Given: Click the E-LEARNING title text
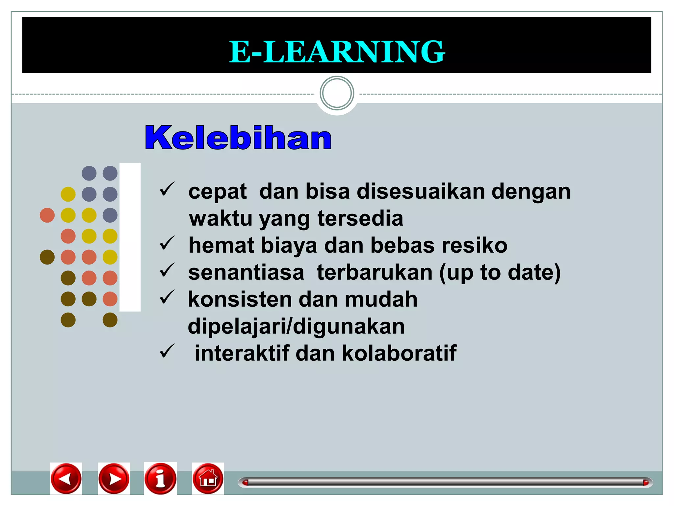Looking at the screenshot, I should [337, 52].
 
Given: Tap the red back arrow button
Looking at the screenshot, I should [66, 479].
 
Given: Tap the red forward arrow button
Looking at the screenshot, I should [114, 479].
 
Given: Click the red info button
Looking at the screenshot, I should [160, 479].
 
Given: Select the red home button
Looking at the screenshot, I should [208, 479].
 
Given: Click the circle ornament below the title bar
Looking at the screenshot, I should [337, 93].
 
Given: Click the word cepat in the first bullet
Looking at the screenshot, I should [217, 191].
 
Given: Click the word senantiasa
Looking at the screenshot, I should [246, 272].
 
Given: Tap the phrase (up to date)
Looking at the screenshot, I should [500, 273].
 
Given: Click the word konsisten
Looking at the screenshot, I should [239, 299].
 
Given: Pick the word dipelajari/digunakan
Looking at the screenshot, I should [296, 326].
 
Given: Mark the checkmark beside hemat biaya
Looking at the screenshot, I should [167, 243].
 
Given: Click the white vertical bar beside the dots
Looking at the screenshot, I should [130, 237].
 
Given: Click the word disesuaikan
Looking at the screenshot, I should [421, 191].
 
